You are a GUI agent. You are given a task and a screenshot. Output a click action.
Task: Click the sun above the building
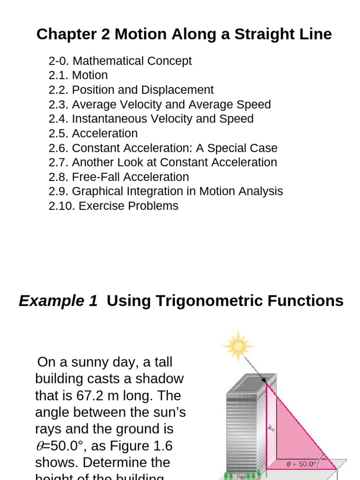239,346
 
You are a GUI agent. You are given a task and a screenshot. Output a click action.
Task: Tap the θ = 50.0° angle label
300,464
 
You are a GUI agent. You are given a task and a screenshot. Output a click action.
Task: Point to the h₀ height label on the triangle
271,427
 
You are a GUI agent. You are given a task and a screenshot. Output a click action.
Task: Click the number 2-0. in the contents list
59,61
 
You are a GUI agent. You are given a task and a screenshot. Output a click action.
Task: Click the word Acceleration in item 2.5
105,134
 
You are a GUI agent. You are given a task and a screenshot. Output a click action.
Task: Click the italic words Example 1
58,301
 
